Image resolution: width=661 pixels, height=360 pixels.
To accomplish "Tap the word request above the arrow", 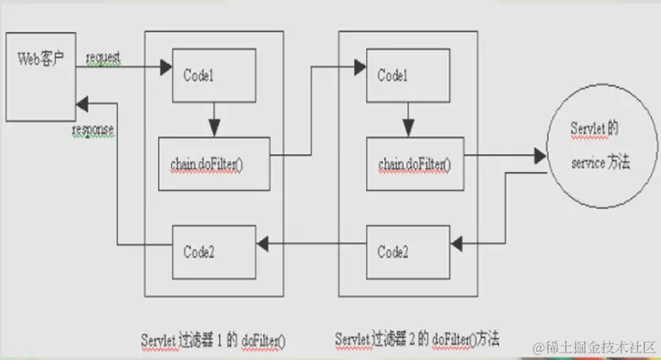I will pos(103,57).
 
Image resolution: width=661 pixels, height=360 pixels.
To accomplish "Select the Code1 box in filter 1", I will pos(213,73).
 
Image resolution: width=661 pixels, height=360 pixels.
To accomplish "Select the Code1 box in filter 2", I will pos(407,74).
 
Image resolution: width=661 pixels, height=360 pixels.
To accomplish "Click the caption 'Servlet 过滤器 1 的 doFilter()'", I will pos(213,339).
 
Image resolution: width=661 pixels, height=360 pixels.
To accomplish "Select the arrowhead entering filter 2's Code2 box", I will pos(456,244).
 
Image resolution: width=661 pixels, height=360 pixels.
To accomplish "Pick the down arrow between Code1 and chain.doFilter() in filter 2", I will pos(408,119).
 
